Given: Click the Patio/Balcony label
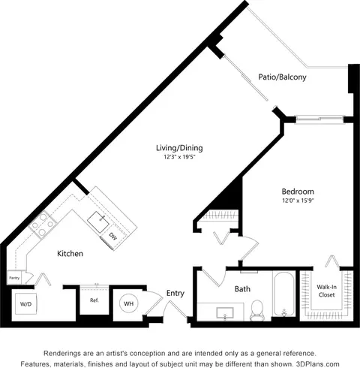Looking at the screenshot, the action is [282, 77].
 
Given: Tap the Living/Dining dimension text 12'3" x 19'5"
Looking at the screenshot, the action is [179, 157].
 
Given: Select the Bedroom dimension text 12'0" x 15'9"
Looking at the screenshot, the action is [298, 201].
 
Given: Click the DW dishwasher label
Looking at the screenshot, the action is [113, 237].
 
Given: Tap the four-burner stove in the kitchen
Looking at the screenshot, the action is [43, 225].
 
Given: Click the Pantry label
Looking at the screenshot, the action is [14, 278].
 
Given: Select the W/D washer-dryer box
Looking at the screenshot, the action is [26, 303].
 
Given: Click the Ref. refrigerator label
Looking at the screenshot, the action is [94, 300].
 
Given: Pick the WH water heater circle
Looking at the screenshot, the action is [129, 303].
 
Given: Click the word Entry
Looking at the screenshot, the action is [175, 293].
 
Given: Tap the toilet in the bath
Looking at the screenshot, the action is [256, 310].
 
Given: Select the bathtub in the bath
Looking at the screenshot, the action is [283, 294].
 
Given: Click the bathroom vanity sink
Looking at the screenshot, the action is [225, 313].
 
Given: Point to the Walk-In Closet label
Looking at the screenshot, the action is [326, 291].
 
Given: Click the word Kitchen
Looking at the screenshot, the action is [70, 253].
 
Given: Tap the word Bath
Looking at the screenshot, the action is [242, 289].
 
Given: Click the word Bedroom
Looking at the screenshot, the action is [298, 192].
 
